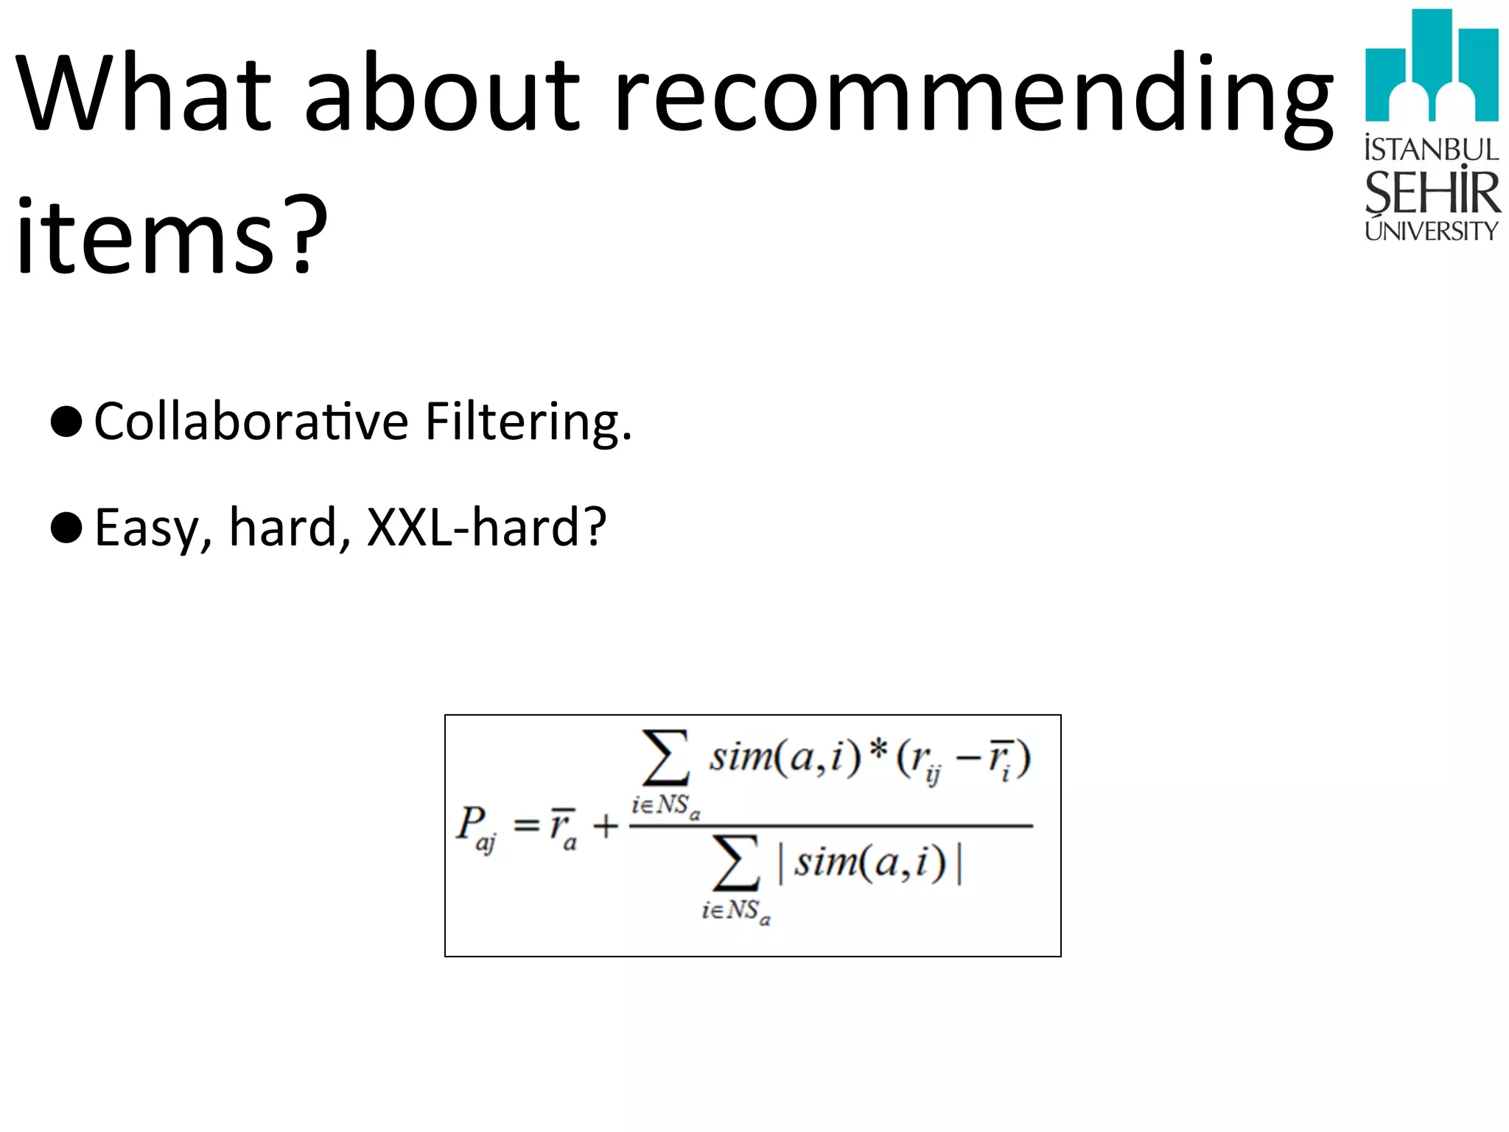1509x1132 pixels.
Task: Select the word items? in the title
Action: (171, 236)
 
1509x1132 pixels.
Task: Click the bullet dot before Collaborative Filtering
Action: (66, 422)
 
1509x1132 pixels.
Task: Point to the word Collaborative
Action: (251, 422)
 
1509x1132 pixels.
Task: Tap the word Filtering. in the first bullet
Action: (528, 422)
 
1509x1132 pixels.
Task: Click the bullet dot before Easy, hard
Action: (66, 528)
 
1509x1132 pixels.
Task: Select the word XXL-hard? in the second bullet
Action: (486, 528)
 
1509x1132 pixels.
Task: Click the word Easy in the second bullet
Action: (147, 528)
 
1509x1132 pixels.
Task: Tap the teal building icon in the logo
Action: (1431, 66)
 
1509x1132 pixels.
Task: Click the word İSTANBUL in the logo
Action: (1431, 150)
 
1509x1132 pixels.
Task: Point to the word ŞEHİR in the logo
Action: (1431, 193)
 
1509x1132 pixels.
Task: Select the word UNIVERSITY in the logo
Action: (1431, 231)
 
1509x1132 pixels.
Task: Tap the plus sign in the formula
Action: (606, 825)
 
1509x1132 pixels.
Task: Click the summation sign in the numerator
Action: (665, 758)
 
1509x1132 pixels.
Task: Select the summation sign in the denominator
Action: (735, 863)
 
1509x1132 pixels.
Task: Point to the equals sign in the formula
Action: (526, 824)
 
